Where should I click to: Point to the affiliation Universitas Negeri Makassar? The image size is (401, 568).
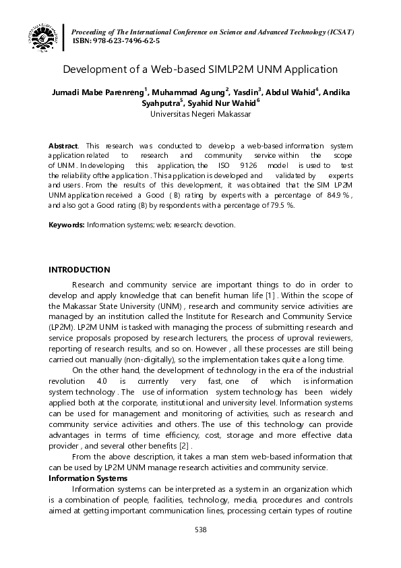coord(200,114)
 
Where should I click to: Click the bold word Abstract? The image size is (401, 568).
coord(63,146)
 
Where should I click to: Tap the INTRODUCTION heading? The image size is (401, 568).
coord(79,270)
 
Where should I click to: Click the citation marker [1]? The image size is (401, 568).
coord(268,296)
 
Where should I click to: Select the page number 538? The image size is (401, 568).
coord(200,530)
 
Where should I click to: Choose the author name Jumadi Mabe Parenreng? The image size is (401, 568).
coord(97,92)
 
